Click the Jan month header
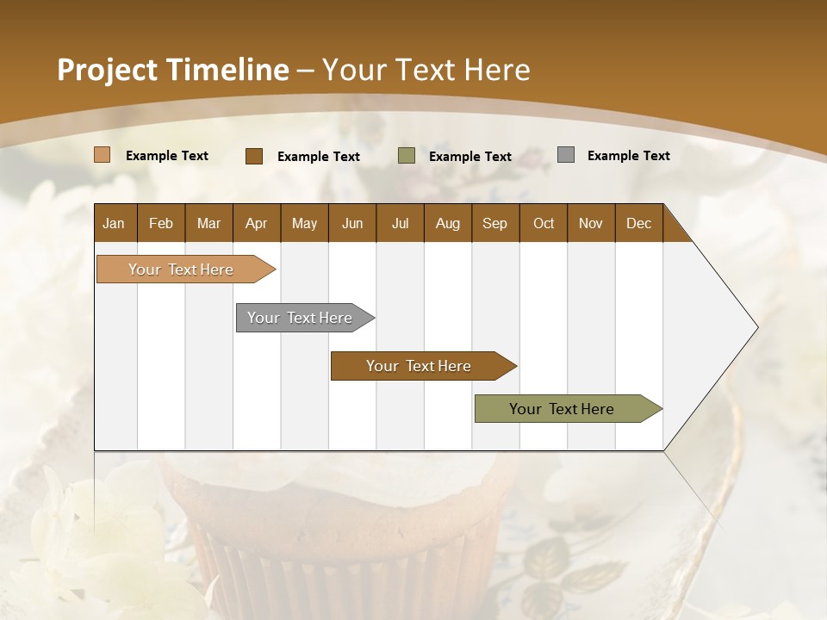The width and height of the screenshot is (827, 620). [x=114, y=223]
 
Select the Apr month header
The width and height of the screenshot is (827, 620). [x=256, y=223]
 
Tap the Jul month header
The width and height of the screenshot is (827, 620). [x=400, y=223]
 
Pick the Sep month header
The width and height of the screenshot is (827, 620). [x=494, y=223]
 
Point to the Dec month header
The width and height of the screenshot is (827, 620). [x=638, y=223]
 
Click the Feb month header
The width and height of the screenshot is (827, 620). [x=161, y=223]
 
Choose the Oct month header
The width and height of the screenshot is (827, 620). [x=544, y=223]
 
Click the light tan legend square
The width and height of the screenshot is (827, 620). [x=103, y=155]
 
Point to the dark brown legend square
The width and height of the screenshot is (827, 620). [x=254, y=156]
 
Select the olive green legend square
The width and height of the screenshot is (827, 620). [x=407, y=156]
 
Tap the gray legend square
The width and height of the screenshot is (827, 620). [x=566, y=155]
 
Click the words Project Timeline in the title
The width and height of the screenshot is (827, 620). [x=172, y=70]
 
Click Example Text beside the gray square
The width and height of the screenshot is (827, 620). [x=628, y=156]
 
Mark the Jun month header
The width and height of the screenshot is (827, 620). [x=352, y=223]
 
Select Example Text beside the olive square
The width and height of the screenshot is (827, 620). [x=469, y=157]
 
